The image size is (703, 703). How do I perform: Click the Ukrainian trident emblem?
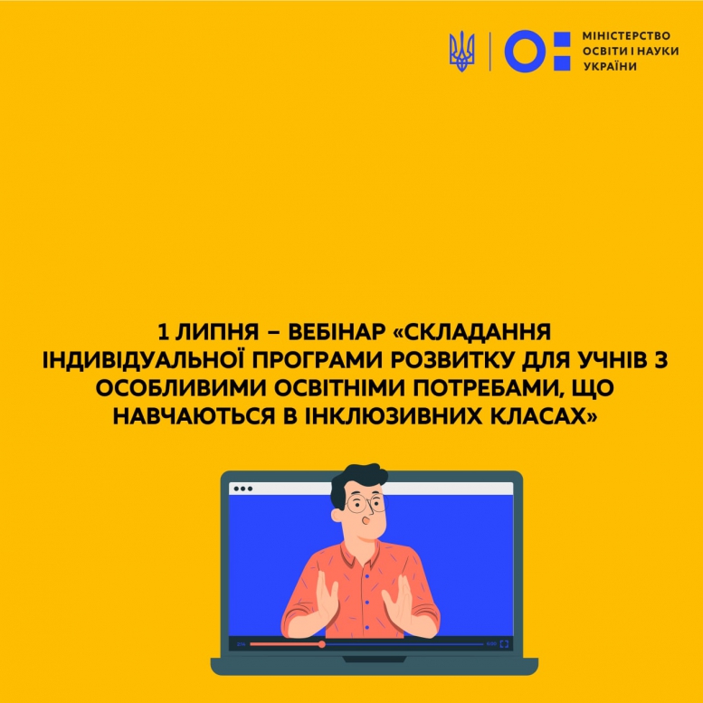(461, 51)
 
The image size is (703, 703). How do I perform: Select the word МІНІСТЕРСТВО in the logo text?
(626, 36)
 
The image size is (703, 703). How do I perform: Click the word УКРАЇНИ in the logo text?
(610, 66)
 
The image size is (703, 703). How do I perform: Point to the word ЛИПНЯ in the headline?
(217, 332)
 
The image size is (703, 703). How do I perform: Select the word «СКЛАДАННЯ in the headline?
(471, 332)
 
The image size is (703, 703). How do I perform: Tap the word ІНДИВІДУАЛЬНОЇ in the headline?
(143, 360)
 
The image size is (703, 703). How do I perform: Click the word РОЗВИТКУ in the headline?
(452, 360)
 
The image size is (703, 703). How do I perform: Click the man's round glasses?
(366, 503)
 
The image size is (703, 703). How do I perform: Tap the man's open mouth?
(366, 520)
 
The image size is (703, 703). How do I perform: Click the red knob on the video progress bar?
(321, 644)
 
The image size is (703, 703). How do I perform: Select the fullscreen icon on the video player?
(504, 644)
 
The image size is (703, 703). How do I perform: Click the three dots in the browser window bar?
(243, 489)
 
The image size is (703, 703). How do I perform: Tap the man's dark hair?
(356, 480)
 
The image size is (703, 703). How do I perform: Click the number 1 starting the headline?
(163, 332)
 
